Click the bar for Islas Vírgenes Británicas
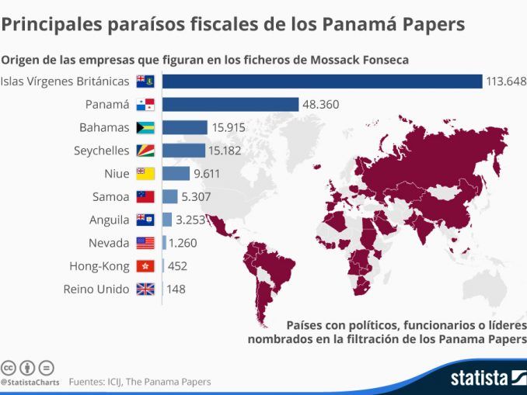click(322, 81)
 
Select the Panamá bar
click(230, 104)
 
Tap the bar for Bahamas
click(185, 127)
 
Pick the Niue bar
click(176, 174)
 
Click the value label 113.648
click(506, 81)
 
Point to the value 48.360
click(320, 104)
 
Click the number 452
click(177, 266)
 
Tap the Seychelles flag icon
click(146, 151)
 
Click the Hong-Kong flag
click(146, 266)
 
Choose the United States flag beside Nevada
click(146, 243)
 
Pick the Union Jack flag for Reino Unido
click(146, 289)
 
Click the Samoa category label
click(112, 197)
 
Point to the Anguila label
click(110, 220)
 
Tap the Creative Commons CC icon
click(9, 367)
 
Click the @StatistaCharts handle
click(30, 382)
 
